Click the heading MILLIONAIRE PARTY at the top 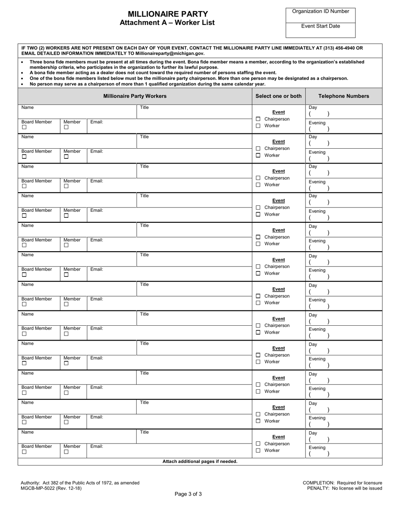pyautogui.click(x=168, y=14)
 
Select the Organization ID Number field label pyautogui.click(x=320, y=11)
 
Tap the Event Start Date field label pyautogui.click(x=320, y=26)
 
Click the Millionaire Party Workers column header pyautogui.click(x=135, y=96)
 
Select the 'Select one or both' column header pyautogui.click(x=278, y=96)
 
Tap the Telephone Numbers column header pyautogui.click(x=344, y=96)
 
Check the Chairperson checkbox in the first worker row pyautogui.click(x=258, y=119)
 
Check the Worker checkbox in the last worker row pyautogui.click(x=258, y=450)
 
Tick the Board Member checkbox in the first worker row pyautogui.click(x=24, y=127)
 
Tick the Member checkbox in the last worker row pyautogui.click(x=66, y=452)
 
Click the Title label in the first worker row pyautogui.click(x=144, y=108)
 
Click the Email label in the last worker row pyautogui.click(x=96, y=446)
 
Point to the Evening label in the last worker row pyautogui.click(x=317, y=447)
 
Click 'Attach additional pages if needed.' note pyautogui.click(x=200, y=461)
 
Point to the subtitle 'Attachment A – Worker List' pyautogui.click(x=167, y=23)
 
